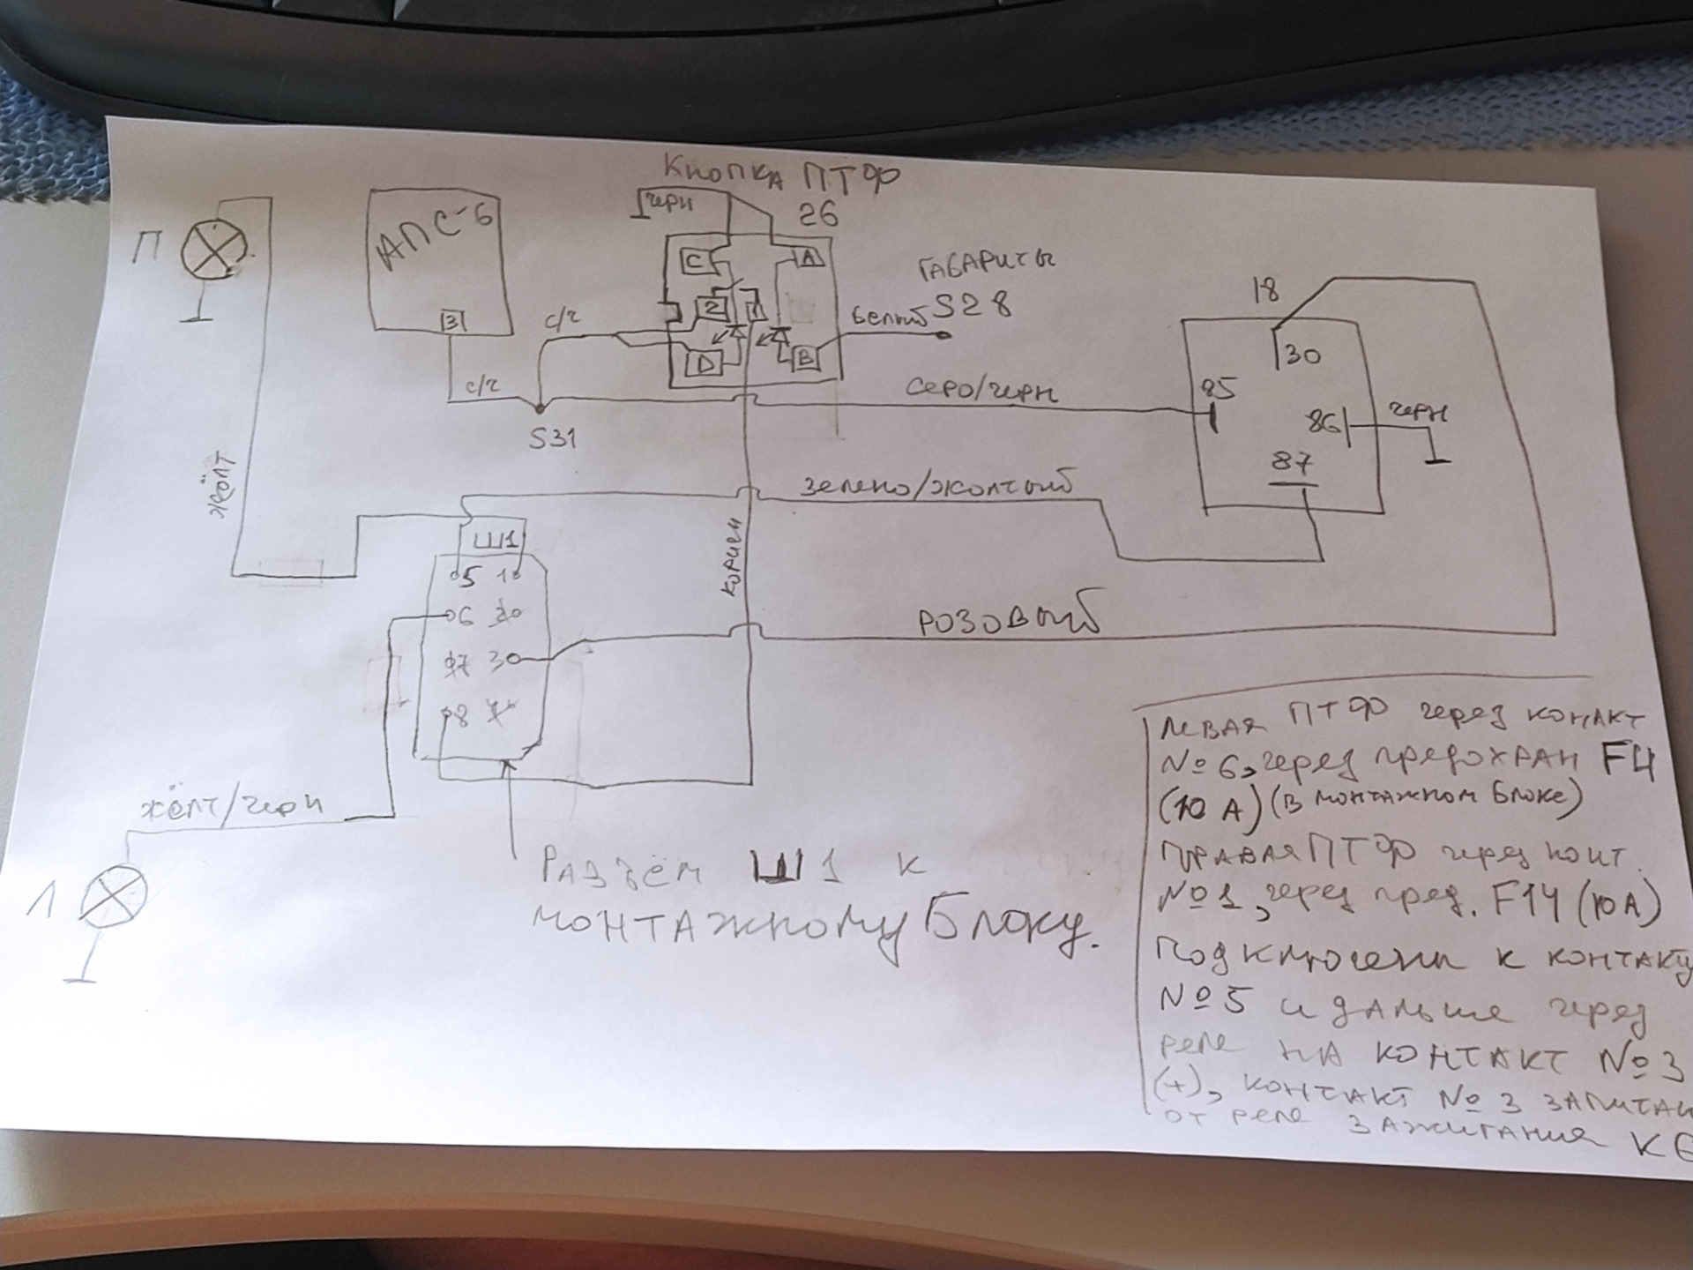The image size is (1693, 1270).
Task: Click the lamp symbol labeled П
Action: click(213, 251)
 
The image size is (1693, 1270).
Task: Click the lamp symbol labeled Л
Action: click(113, 897)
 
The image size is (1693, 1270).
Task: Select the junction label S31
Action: click(552, 438)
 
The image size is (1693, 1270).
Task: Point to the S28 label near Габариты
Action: click(972, 305)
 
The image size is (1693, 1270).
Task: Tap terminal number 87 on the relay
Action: click(1291, 463)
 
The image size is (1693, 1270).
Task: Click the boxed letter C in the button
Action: click(694, 261)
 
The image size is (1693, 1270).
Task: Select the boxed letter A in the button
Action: click(810, 258)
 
